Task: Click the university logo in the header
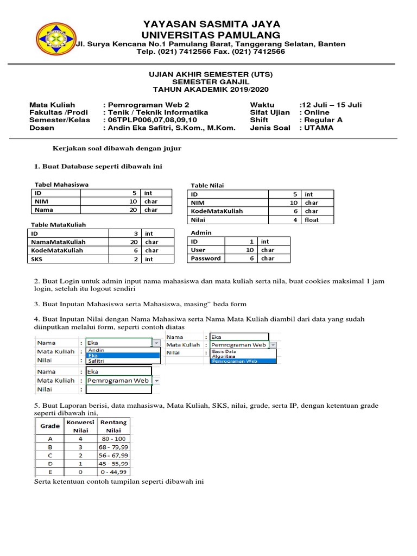[55, 39]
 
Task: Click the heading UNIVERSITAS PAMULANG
[212, 35]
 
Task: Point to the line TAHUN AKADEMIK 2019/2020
[211, 89]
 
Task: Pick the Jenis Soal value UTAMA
[319, 128]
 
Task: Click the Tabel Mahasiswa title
[61, 185]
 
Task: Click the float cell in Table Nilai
[312, 220]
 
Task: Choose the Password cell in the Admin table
[206, 259]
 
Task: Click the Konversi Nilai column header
[80, 426]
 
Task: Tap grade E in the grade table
[50, 472]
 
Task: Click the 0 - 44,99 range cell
[113, 472]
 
